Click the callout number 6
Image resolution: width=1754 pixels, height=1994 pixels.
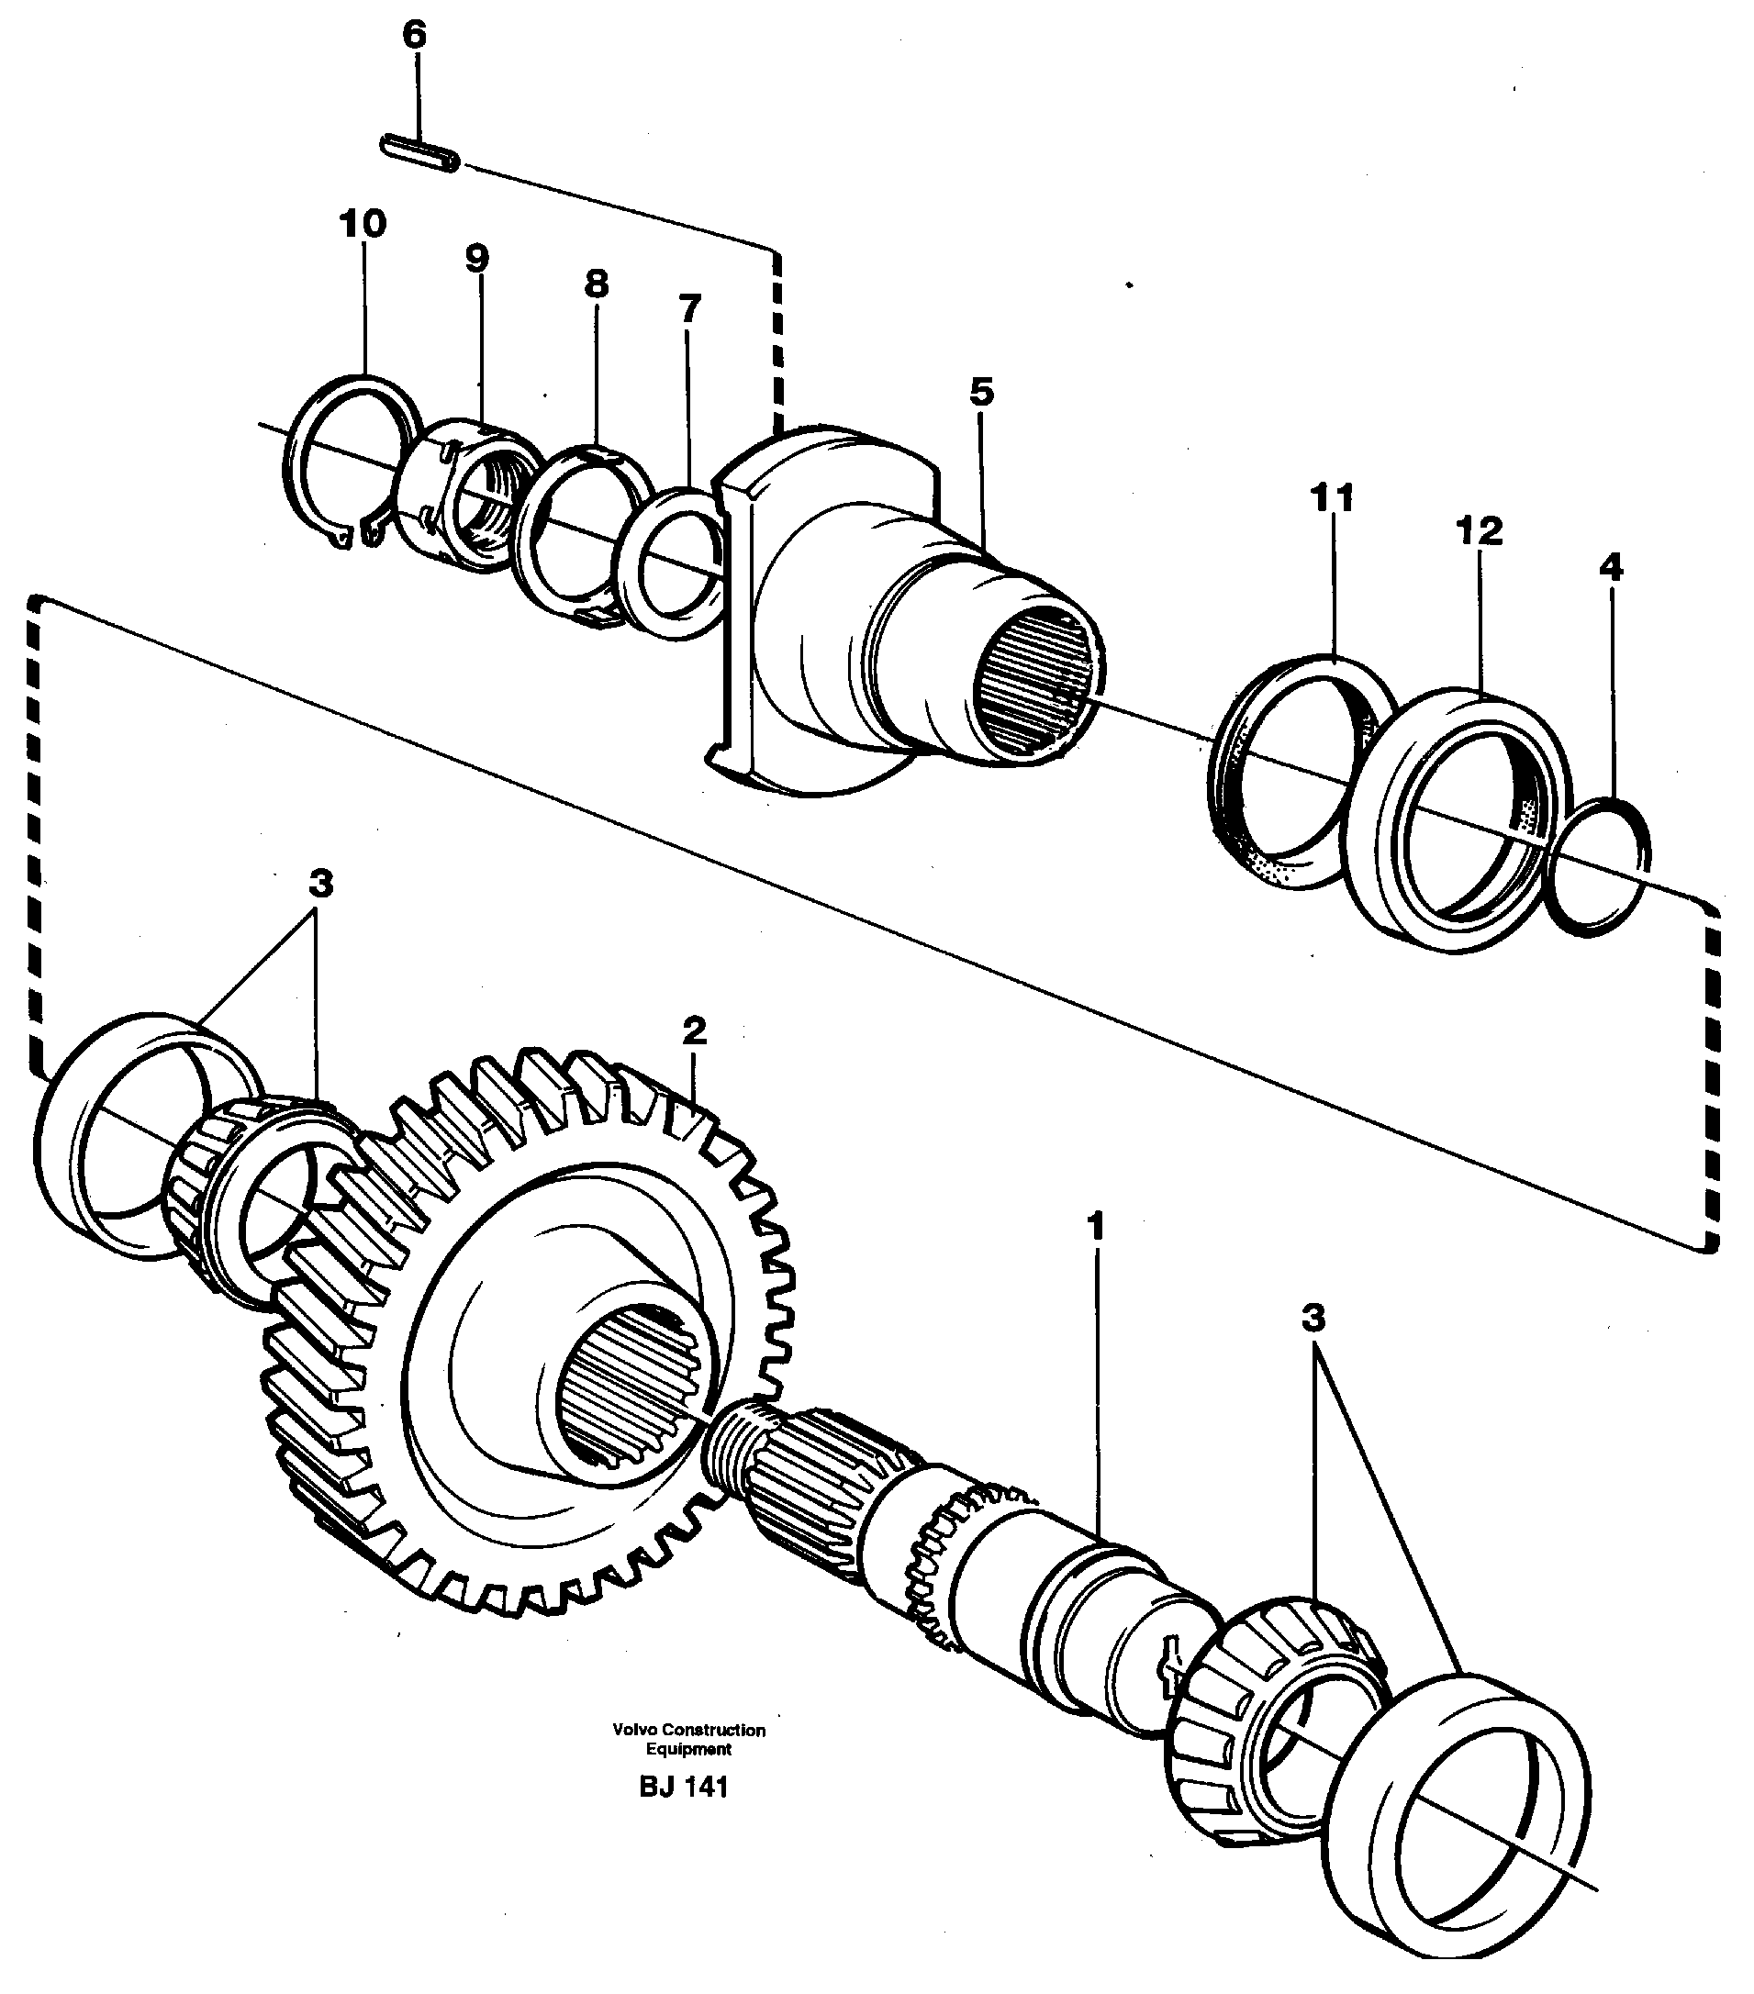click(x=414, y=35)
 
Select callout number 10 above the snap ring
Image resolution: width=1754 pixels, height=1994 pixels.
click(x=363, y=223)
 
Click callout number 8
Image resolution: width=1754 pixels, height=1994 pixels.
click(x=596, y=284)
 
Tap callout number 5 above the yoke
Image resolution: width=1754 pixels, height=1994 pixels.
click(x=981, y=392)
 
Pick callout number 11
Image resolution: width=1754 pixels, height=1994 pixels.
click(x=1332, y=497)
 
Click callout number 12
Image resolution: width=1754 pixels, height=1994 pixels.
click(x=1479, y=531)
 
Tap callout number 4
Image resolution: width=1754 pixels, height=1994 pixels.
click(x=1611, y=566)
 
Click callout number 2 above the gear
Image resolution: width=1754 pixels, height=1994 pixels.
click(x=694, y=1030)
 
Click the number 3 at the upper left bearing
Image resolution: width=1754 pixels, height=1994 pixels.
click(x=320, y=884)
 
